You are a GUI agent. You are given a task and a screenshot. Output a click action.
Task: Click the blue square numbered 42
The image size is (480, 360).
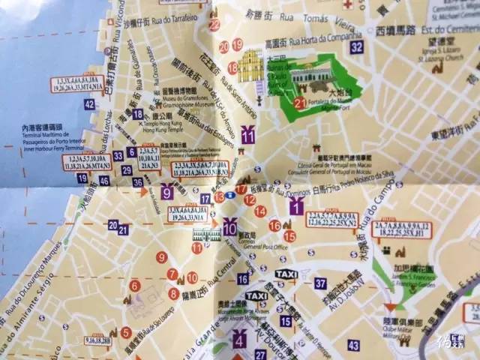tap(89, 104)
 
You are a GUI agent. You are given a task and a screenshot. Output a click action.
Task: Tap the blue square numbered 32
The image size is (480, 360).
tap(356, 47)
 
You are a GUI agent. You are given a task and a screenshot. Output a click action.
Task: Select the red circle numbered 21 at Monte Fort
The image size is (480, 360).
tap(299, 103)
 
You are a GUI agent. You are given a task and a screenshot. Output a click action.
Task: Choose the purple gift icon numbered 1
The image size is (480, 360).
tap(296, 207)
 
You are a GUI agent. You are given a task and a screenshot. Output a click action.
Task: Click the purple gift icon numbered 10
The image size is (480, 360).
tap(229, 223)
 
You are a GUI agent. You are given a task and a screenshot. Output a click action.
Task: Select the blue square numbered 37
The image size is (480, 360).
tap(320, 283)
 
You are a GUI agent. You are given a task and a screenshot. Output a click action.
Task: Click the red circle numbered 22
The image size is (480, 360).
tap(214, 25)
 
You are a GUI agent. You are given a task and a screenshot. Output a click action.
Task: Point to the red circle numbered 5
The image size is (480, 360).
tap(126, 332)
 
